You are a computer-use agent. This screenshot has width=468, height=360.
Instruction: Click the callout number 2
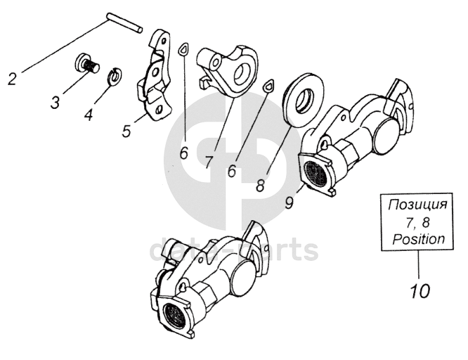[12, 79]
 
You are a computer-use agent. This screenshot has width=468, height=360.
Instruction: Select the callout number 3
[55, 103]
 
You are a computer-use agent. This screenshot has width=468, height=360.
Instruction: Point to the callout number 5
[126, 131]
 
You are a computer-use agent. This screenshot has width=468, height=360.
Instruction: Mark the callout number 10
[418, 289]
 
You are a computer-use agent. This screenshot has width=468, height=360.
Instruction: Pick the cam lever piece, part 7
[225, 70]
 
